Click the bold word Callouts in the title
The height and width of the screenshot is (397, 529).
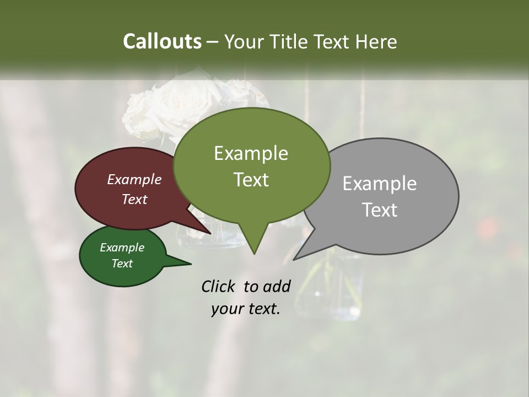pos(162,41)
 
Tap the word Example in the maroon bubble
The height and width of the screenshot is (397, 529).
pos(134,179)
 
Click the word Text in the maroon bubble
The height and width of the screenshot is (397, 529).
pos(134,199)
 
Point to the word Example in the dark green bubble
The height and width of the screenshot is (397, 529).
pos(122,248)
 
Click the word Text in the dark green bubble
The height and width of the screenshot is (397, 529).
pos(122,264)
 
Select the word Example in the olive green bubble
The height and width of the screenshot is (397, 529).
pos(251,153)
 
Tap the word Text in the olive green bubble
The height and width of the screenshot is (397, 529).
pos(251,180)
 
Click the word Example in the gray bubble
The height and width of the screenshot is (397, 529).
pos(380,184)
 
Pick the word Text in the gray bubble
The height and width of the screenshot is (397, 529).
pos(380,210)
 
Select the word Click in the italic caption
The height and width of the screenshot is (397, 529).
pos(220,286)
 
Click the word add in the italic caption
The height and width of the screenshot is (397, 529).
pos(276,286)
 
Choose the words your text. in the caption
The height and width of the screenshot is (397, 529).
pos(246,309)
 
